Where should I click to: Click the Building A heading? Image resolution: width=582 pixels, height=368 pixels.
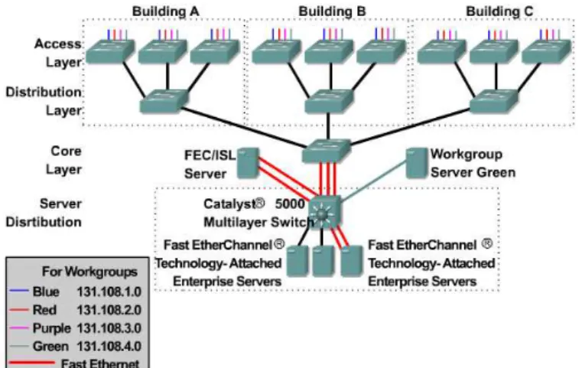pyautogui.click(x=165, y=11)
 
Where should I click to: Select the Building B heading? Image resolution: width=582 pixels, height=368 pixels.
pyautogui.click(x=332, y=11)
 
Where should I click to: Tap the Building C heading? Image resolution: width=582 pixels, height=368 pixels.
pyautogui.click(x=499, y=11)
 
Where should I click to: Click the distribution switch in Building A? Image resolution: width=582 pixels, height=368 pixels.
pyautogui.click(x=164, y=101)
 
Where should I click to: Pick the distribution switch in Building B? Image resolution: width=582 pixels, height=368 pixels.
pyautogui.click(x=329, y=101)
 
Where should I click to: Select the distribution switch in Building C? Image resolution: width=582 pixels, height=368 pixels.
pyautogui.click(x=493, y=101)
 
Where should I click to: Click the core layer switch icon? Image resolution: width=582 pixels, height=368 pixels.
pyautogui.click(x=327, y=151)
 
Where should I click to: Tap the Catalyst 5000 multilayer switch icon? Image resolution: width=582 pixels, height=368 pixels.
pyautogui.click(x=324, y=213)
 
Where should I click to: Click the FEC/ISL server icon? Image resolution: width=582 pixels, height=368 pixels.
pyautogui.click(x=248, y=163)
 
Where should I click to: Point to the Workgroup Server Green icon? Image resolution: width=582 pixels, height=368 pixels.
pyautogui.click(x=417, y=163)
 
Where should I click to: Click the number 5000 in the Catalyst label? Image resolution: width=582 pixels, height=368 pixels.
pyautogui.click(x=290, y=204)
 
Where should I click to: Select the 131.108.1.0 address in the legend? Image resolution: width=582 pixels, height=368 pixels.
pyautogui.click(x=109, y=291)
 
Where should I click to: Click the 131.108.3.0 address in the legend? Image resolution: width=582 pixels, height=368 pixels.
pyautogui.click(x=109, y=328)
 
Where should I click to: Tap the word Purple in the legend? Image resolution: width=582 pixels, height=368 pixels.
pyautogui.click(x=51, y=329)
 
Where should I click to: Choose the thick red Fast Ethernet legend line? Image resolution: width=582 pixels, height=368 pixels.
pyautogui.click(x=31, y=363)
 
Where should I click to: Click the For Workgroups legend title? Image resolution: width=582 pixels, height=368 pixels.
pyautogui.click(x=89, y=272)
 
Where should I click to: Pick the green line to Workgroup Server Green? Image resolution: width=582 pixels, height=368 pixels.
pyautogui.click(x=374, y=182)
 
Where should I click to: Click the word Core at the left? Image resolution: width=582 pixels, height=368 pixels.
pyautogui.click(x=66, y=151)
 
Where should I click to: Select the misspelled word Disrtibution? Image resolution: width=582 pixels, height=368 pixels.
pyautogui.click(x=44, y=222)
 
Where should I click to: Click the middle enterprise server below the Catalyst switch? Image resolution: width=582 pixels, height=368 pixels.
pyautogui.click(x=324, y=261)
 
